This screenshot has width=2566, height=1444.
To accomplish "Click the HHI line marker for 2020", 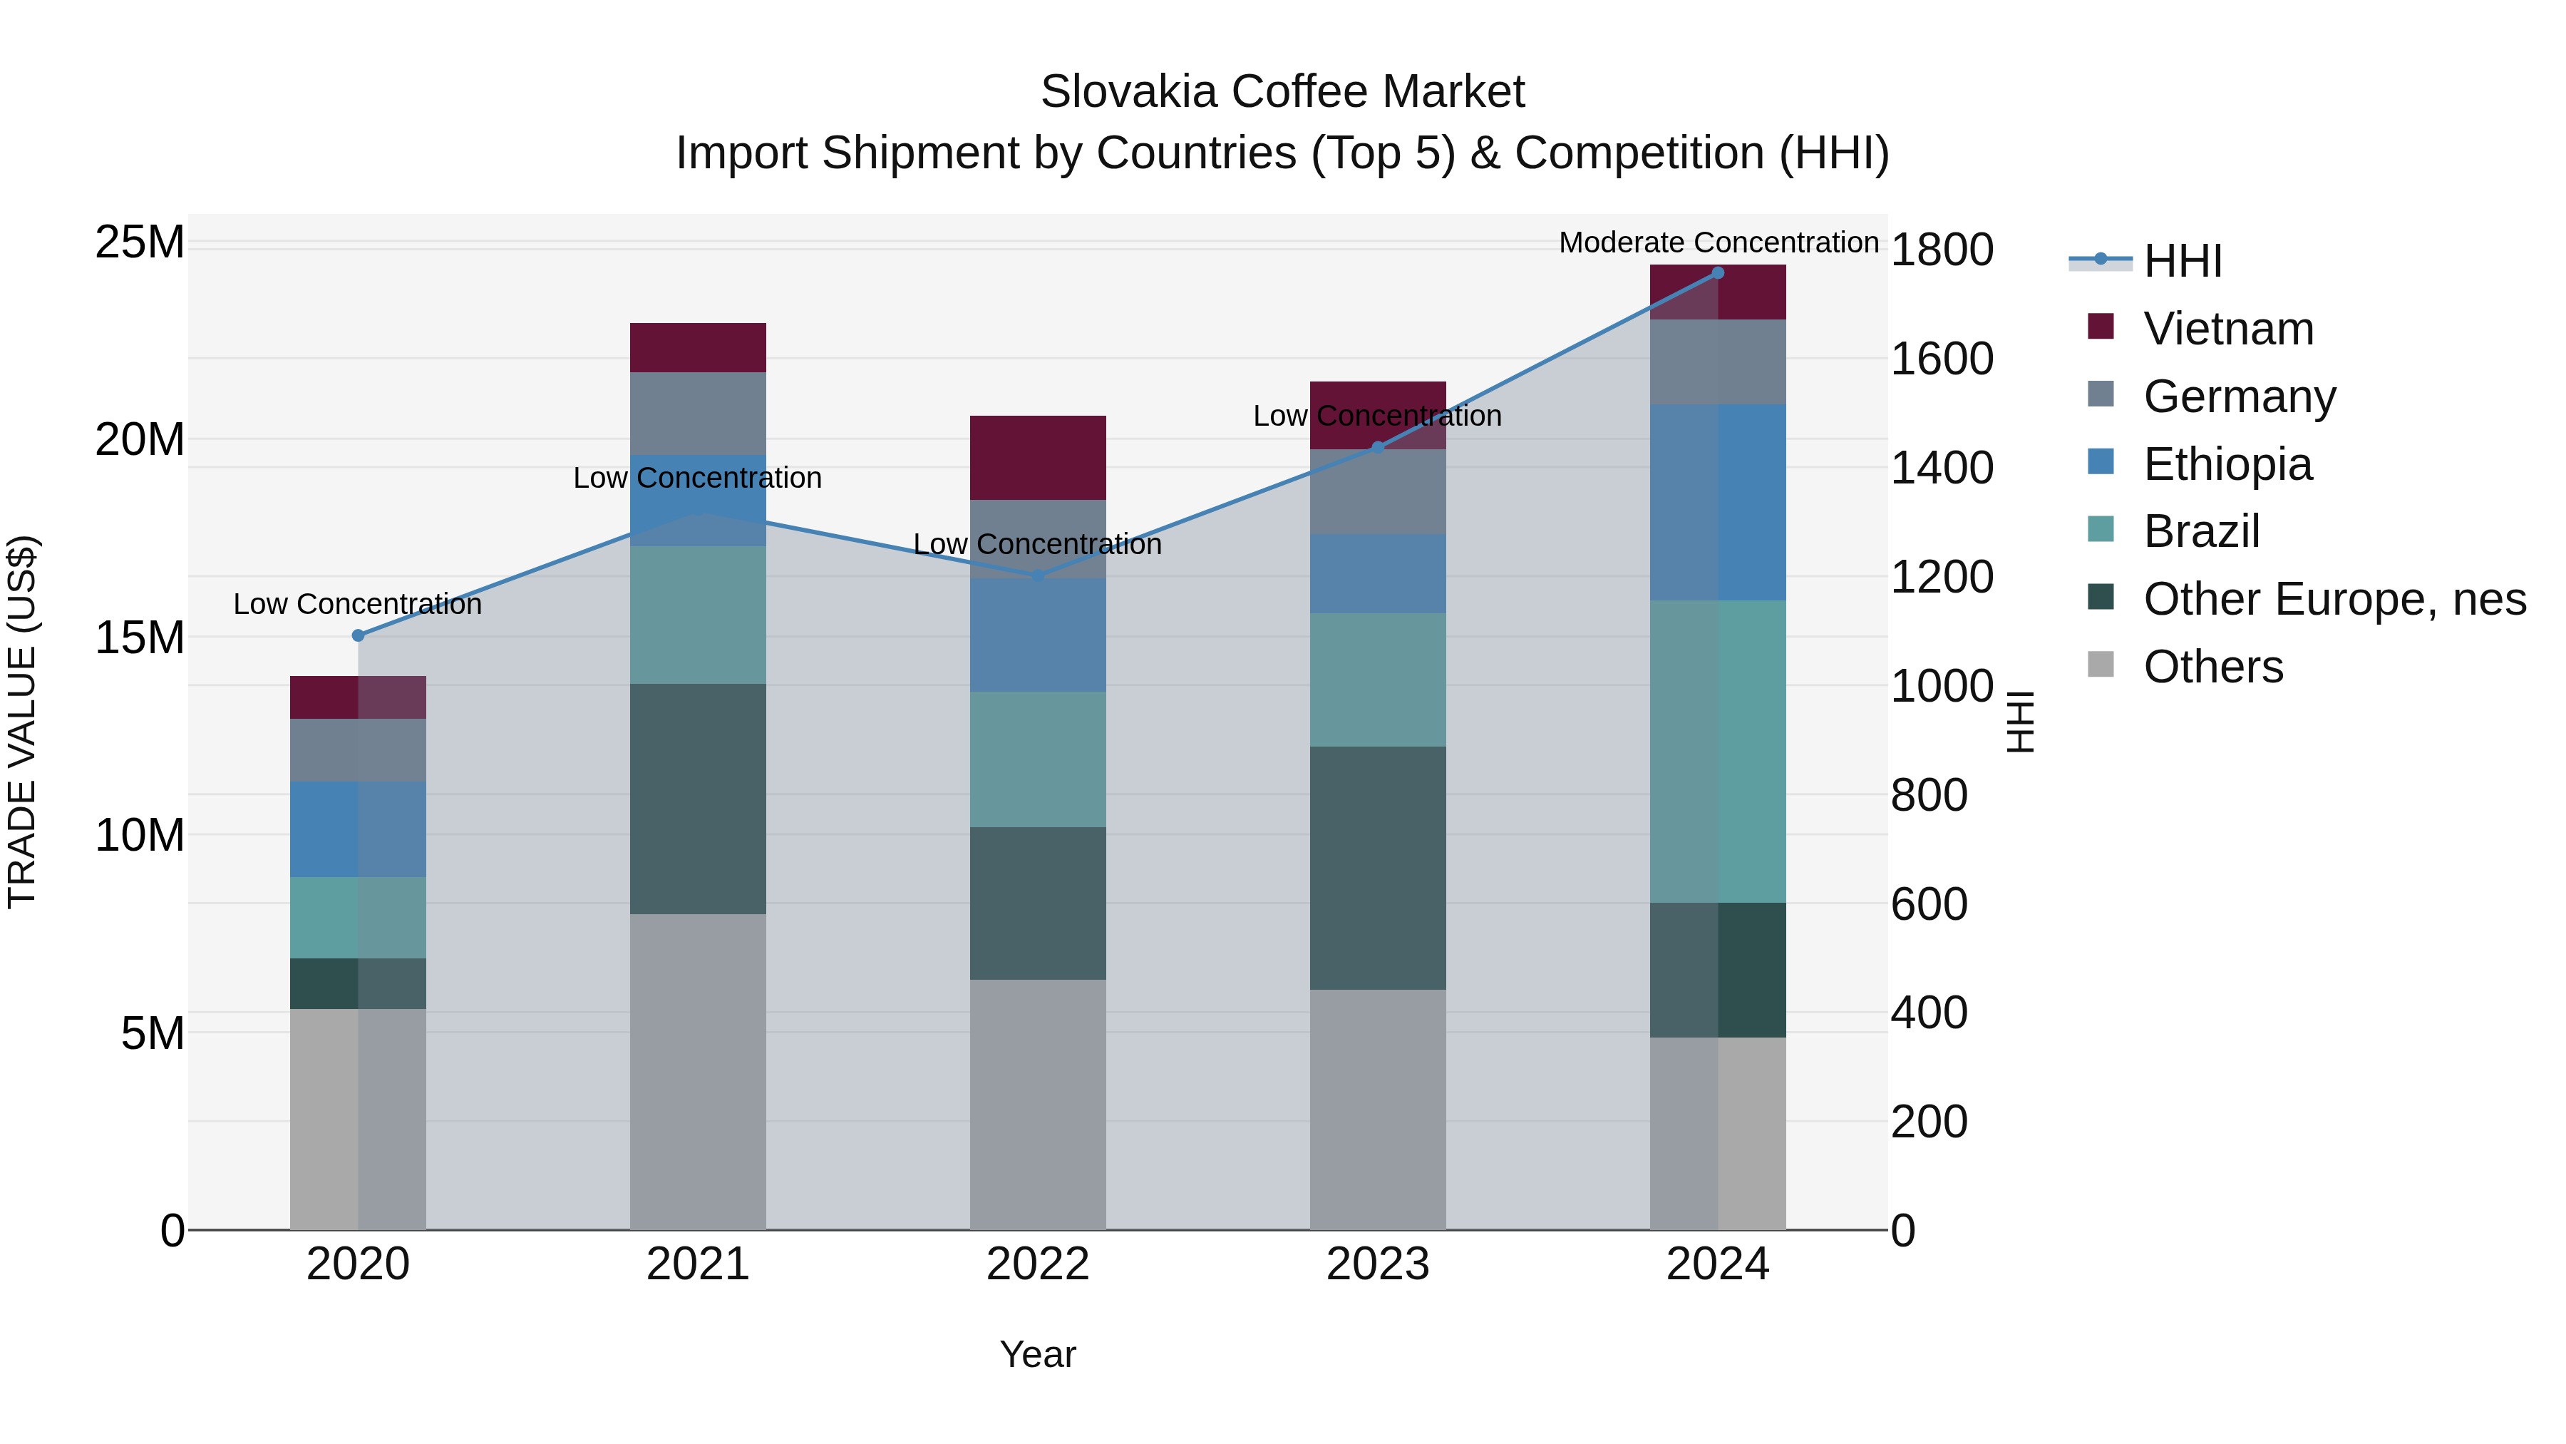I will click(x=359, y=635).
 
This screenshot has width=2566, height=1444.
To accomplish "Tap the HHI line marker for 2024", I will click(x=1717, y=273).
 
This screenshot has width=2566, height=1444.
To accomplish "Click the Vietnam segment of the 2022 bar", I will click(x=1038, y=457).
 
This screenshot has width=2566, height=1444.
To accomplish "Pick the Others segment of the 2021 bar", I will click(x=697, y=1071).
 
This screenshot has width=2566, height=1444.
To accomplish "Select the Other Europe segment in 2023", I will click(x=1378, y=867).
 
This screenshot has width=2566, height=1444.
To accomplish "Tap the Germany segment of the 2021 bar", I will click(x=697, y=413).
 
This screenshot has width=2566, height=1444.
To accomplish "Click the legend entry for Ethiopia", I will click(x=2227, y=464).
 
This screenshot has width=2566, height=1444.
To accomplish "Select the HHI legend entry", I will click(x=2182, y=261).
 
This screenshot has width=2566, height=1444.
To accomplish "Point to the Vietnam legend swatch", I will click(x=2100, y=327).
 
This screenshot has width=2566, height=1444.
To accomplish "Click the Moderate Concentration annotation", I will click(x=1717, y=242).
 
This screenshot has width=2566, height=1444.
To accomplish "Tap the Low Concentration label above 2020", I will click(x=358, y=604).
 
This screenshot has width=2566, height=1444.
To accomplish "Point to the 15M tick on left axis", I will click(x=140, y=637).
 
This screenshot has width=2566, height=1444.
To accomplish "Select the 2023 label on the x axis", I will click(x=1378, y=1264).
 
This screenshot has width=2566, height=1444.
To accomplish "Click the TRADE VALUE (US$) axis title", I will click(x=22, y=722).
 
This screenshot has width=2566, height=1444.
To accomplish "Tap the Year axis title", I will click(x=1038, y=1354).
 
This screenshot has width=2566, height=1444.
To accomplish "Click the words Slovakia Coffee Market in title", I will click(x=1282, y=92).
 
